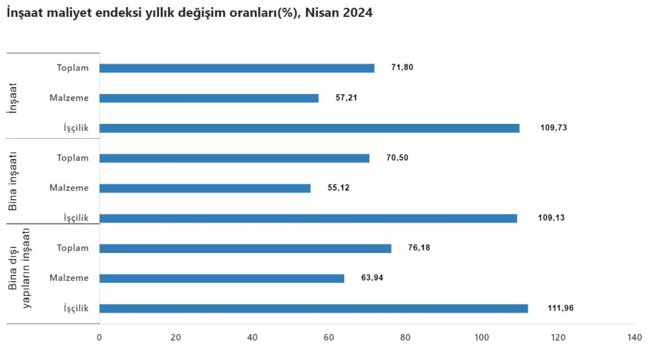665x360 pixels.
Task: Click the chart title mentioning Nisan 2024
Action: point(189,13)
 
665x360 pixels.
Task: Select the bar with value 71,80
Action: point(237,68)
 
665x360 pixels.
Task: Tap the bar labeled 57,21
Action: point(209,98)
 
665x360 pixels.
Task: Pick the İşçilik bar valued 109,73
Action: point(309,128)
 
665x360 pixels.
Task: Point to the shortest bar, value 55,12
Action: point(205,188)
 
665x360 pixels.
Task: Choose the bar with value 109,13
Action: point(308,218)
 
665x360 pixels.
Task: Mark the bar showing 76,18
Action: point(245,249)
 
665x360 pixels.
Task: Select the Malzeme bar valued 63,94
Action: point(222,278)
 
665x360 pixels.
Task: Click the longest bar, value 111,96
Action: point(313,309)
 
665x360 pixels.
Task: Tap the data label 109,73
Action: point(553,128)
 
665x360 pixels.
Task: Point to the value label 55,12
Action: point(338,188)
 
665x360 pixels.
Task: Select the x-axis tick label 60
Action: point(329,337)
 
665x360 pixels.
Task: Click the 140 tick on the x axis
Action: point(634,337)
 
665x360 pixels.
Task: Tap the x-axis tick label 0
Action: point(99,337)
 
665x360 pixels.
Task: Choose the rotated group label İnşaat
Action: point(13,98)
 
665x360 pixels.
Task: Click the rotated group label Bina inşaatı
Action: point(13,181)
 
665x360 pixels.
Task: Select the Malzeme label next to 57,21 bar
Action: point(69,98)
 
